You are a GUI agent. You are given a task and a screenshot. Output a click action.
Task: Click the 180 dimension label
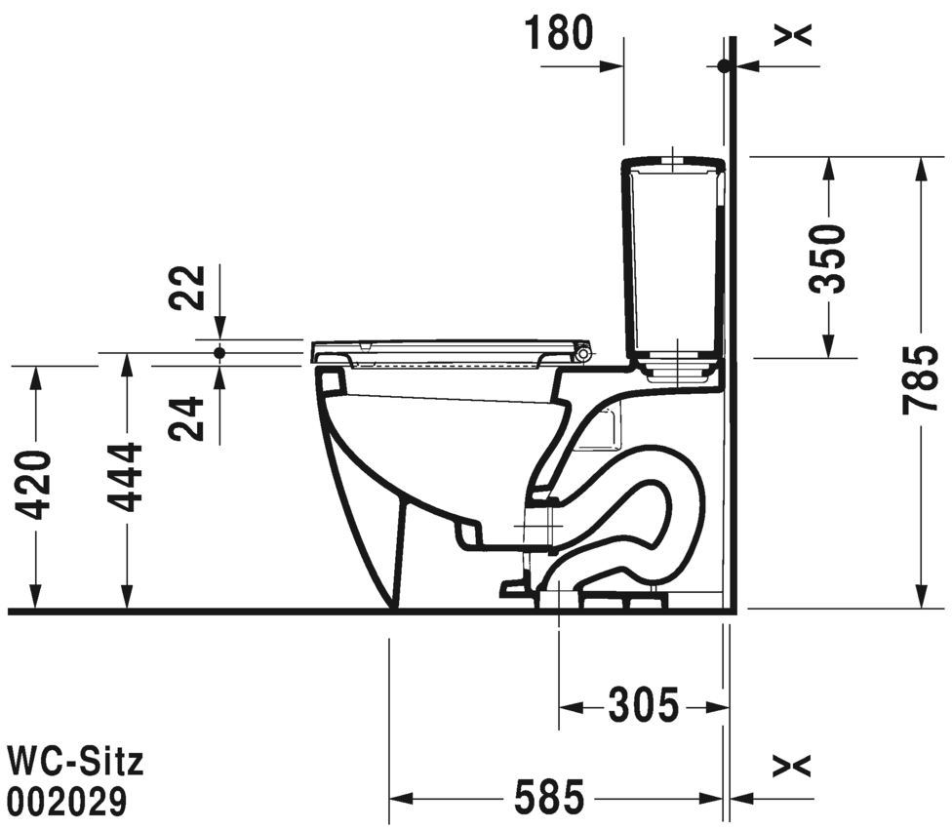click(x=558, y=33)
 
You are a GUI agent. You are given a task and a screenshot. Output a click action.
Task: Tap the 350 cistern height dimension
click(x=828, y=258)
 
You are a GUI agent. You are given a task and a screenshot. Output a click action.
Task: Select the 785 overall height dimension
click(x=921, y=380)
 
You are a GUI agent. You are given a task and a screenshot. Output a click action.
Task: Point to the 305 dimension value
click(x=644, y=706)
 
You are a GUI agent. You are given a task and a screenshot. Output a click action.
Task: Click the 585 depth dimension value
click(x=549, y=797)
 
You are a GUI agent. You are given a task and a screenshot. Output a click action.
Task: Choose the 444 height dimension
click(x=125, y=478)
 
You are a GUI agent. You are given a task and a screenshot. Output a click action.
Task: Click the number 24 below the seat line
click(x=187, y=418)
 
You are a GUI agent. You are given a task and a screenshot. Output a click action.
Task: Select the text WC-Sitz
click(x=75, y=762)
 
